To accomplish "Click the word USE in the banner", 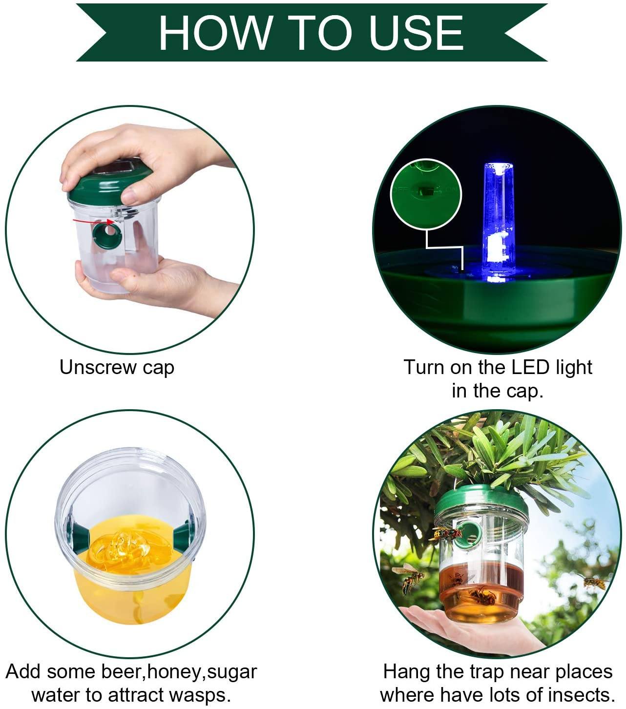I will [x=416, y=33].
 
